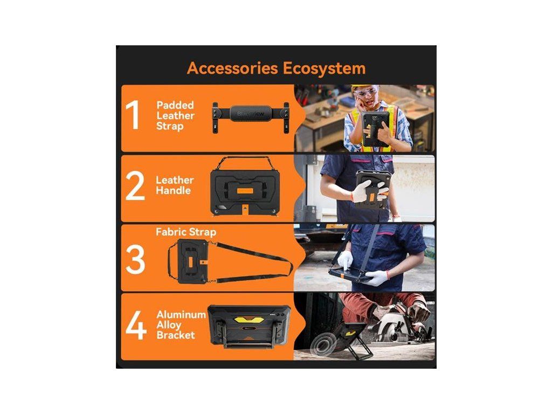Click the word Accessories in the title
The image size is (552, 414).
pos(232,68)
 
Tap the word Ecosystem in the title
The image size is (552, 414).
pos(324,68)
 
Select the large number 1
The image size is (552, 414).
pos(133,115)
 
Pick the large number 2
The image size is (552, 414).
pos(135,185)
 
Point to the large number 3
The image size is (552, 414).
pos(135,259)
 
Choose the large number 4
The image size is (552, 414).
pos(136,325)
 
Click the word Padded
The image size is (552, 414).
pos(175,105)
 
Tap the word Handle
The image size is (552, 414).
pos(173,190)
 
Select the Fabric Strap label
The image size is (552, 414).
pos(186,232)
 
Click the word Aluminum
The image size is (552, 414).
pos(181,314)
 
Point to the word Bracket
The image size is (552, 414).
pos(176,335)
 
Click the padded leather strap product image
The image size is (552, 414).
pos(251,117)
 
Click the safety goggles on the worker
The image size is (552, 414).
pos(365,93)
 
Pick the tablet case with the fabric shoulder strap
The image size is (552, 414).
pos(192,261)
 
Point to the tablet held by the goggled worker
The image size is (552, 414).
pos(376,129)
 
